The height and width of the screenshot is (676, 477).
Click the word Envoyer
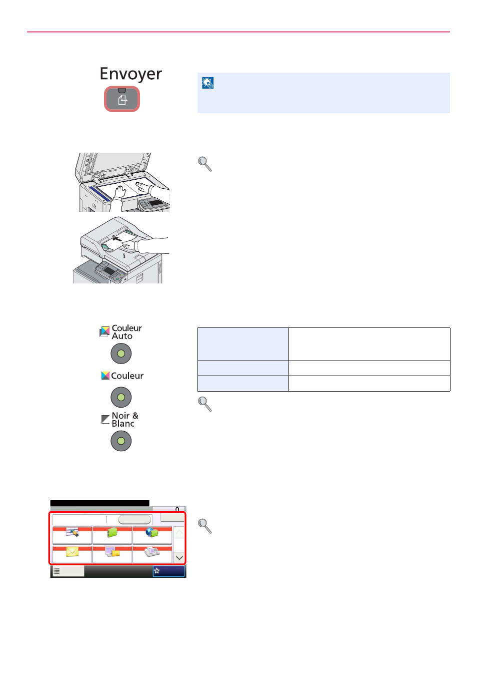click(131, 74)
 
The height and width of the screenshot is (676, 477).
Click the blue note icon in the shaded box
click(207, 83)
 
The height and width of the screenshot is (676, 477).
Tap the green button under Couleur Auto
click(121, 354)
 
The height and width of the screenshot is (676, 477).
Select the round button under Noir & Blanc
click(121, 441)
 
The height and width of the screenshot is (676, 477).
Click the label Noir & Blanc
click(124, 420)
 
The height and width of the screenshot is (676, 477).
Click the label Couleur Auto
click(126, 332)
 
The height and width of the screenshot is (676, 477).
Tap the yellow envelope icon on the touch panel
click(72, 552)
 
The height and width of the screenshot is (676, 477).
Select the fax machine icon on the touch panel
click(152, 552)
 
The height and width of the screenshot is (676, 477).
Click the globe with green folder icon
click(152, 532)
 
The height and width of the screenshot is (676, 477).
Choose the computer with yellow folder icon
click(112, 552)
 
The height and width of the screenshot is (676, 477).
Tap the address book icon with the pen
click(72, 532)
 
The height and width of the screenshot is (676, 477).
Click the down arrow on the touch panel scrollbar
click(179, 558)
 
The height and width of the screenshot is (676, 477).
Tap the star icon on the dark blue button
click(156, 571)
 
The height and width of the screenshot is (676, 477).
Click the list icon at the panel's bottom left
click(56, 571)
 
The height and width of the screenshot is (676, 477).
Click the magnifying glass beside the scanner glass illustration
click(204, 164)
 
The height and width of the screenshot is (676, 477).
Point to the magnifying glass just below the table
click(204, 404)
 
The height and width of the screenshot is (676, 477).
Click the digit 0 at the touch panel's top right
click(177, 509)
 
